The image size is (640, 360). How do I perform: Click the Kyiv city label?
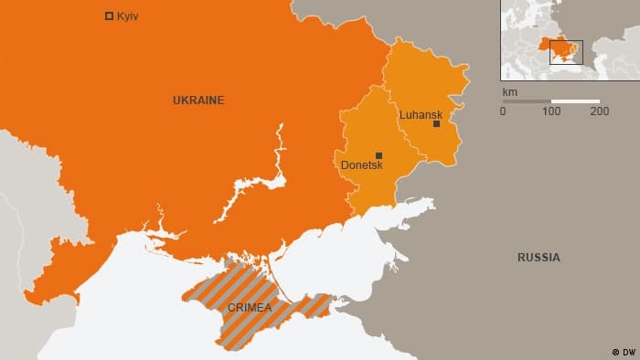(128, 16)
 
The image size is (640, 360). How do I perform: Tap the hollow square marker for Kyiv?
(110, 16)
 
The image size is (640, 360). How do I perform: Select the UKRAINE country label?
(198, 101)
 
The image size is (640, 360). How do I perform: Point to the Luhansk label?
(421, 114)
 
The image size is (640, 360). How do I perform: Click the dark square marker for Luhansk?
(437, 124)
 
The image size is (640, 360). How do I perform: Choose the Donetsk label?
(361, 165)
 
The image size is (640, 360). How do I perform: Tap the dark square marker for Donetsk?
(379, 155)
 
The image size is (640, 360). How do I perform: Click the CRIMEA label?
(249, 308)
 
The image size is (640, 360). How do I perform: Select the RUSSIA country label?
(539, 258)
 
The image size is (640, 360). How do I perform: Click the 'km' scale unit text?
(508, 92)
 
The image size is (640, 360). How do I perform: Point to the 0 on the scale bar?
(502, 111)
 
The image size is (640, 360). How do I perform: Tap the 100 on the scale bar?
(551, 111)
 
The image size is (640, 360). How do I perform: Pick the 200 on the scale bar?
(600, 111)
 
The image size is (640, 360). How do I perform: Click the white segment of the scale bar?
(576, 101)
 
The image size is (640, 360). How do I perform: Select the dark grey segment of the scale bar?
(527, 101)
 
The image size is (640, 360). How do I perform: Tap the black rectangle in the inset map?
(565, 52)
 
